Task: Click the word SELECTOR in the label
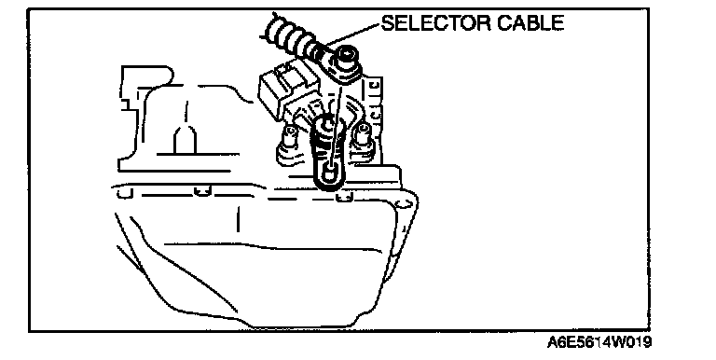click(435, 22)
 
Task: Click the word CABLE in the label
click(530, 22)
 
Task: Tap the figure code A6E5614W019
click(599, 341)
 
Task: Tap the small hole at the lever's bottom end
click(328, 173)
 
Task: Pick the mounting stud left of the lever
click(288, 139)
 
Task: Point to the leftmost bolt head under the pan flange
click(123, 193)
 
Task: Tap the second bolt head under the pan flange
click(202, 191)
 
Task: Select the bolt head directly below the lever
click(344, 198)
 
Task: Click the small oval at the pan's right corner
click(402, 204)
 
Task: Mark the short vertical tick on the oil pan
click(238, 219)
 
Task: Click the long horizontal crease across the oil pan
click(272, 247)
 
